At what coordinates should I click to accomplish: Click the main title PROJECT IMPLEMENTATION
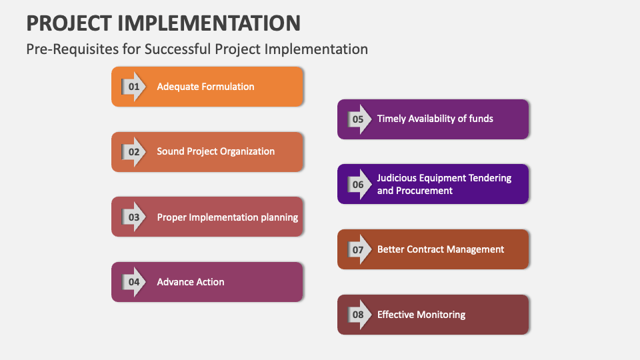(x=163, y=23)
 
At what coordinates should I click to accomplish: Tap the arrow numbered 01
(x=134, y=87)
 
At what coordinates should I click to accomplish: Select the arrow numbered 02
(x=134, y=152)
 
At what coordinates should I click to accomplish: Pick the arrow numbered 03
(x=134, y=217)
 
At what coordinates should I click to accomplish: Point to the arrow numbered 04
(x=134, y=282)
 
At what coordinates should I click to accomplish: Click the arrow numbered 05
(x=359, y=119)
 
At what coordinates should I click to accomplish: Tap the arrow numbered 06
(x=359, y=184)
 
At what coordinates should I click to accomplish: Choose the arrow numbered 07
(x=359, y=249)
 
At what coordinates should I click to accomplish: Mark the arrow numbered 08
(x=359, y=315)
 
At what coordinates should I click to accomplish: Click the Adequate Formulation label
(x=205, y=87)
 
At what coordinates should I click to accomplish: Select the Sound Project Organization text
(x=215, y=151)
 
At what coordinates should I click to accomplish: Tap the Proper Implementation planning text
(x=227, y=217)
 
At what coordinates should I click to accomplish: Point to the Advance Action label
(x=191, y=282)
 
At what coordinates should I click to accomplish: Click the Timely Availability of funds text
(x=435, y=119)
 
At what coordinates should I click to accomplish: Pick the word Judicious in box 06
(x=398, y=178)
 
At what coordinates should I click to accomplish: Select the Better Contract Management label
(x=441, y=249)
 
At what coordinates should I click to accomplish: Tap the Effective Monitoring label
(x=421, y=315)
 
